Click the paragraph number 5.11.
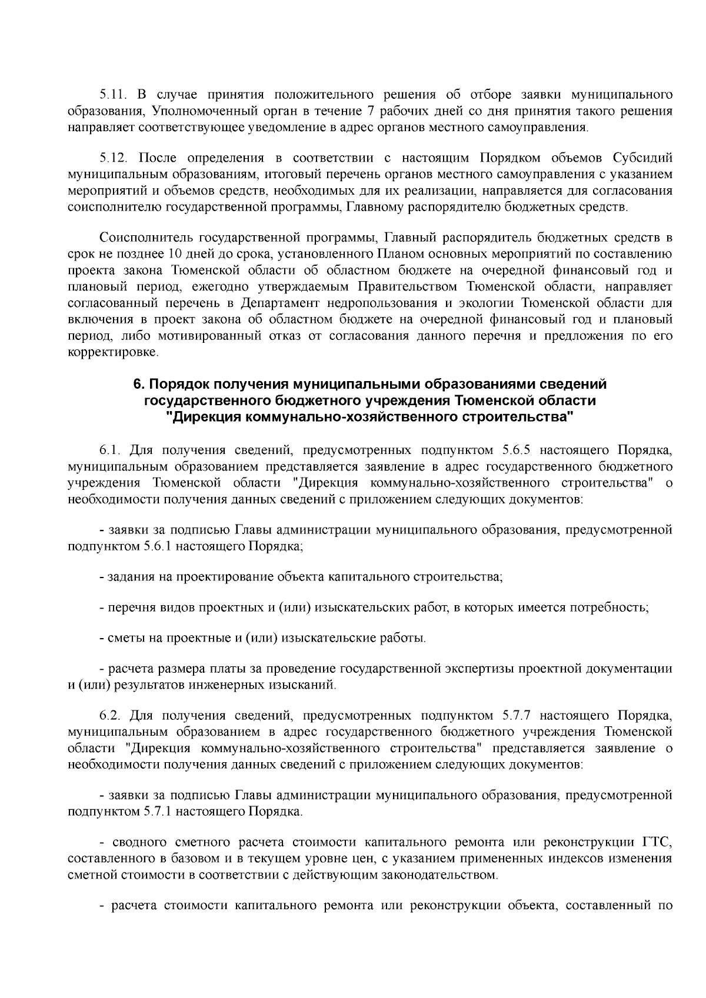111,95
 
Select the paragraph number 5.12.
111,159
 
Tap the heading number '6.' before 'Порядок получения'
139,385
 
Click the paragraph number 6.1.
109,451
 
